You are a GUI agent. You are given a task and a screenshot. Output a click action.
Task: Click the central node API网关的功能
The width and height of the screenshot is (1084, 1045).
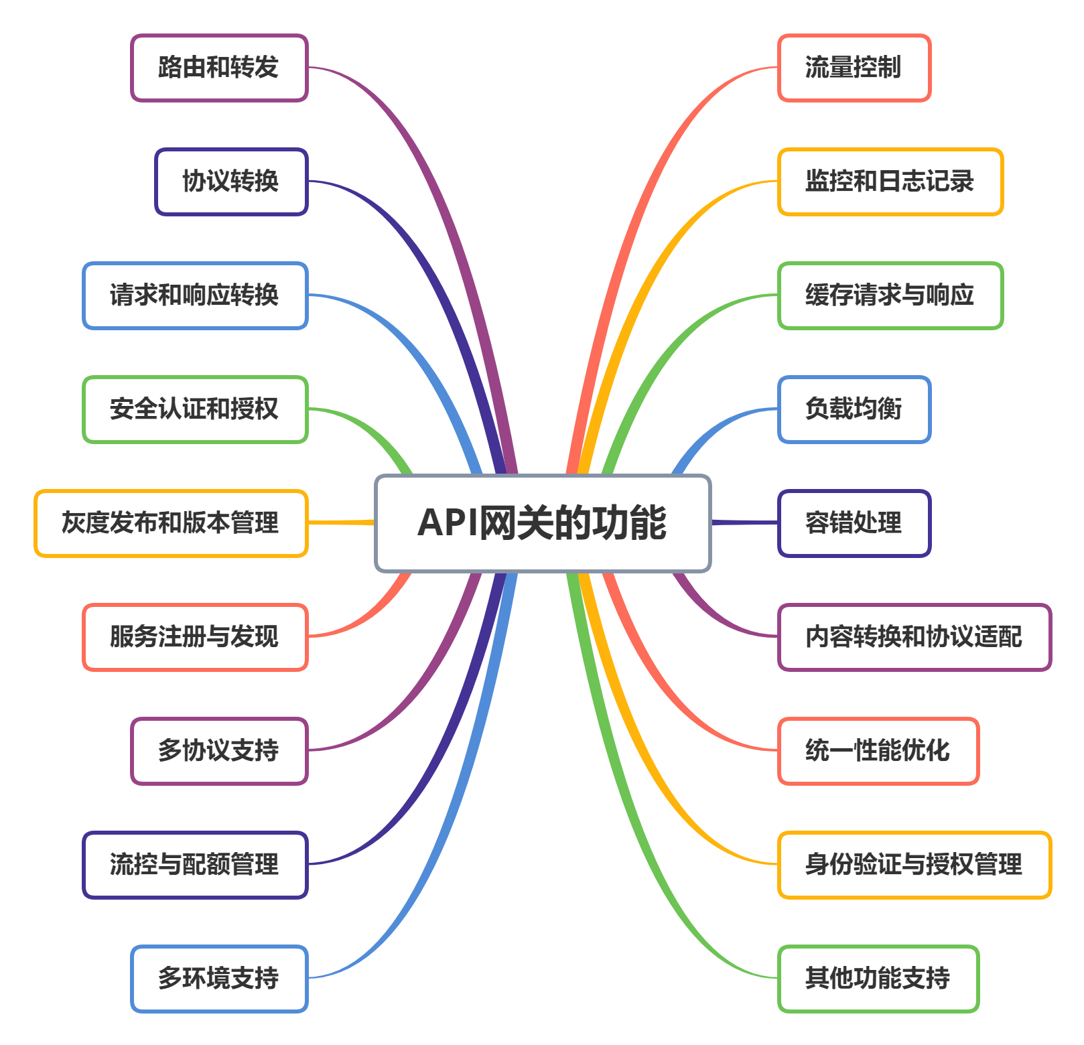(543, 523)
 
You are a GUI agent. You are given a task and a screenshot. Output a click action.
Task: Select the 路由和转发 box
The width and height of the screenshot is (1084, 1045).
(219, 68)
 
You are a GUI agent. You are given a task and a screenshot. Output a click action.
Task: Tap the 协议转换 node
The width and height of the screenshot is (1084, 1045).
(231, 182)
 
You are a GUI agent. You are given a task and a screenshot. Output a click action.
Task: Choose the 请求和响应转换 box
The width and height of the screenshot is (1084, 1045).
(195, 295)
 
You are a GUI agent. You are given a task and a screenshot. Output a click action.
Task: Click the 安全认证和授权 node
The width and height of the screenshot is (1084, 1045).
(195, 409)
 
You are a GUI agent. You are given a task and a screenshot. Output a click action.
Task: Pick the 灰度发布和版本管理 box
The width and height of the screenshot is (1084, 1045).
(171, 523)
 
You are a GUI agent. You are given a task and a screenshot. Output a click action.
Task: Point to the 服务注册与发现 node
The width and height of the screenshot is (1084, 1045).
(195, 637)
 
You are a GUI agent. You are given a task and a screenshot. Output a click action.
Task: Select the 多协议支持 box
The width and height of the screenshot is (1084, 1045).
(219, 751)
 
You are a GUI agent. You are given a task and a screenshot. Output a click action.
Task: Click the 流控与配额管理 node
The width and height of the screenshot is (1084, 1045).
(195, 865)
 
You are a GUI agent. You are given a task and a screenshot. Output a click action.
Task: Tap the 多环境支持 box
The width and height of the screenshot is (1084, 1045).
(219, 979)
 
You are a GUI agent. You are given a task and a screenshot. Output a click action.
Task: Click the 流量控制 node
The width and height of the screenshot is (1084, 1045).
(854, 68)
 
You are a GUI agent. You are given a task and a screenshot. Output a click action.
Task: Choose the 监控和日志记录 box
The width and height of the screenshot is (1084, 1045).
(890, 182)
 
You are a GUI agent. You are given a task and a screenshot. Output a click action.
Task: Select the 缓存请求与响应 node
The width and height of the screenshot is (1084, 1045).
(890, 295)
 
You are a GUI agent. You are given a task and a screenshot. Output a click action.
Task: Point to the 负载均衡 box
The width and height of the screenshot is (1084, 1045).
(854, 409)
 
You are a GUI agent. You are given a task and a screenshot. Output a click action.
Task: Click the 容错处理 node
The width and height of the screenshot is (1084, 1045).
(854, 523)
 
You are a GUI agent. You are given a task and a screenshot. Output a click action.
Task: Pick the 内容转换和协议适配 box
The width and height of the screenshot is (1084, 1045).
(914, 637)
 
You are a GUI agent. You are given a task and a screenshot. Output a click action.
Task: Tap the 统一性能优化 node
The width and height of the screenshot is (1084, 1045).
(878, 751)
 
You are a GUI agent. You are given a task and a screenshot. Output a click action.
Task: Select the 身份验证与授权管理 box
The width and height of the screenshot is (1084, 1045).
(914, 865)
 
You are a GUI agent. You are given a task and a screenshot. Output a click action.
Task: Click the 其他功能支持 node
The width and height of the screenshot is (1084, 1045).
(878, 979)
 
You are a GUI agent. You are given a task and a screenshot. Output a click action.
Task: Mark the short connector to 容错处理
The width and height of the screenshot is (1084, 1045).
(744, 522)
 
